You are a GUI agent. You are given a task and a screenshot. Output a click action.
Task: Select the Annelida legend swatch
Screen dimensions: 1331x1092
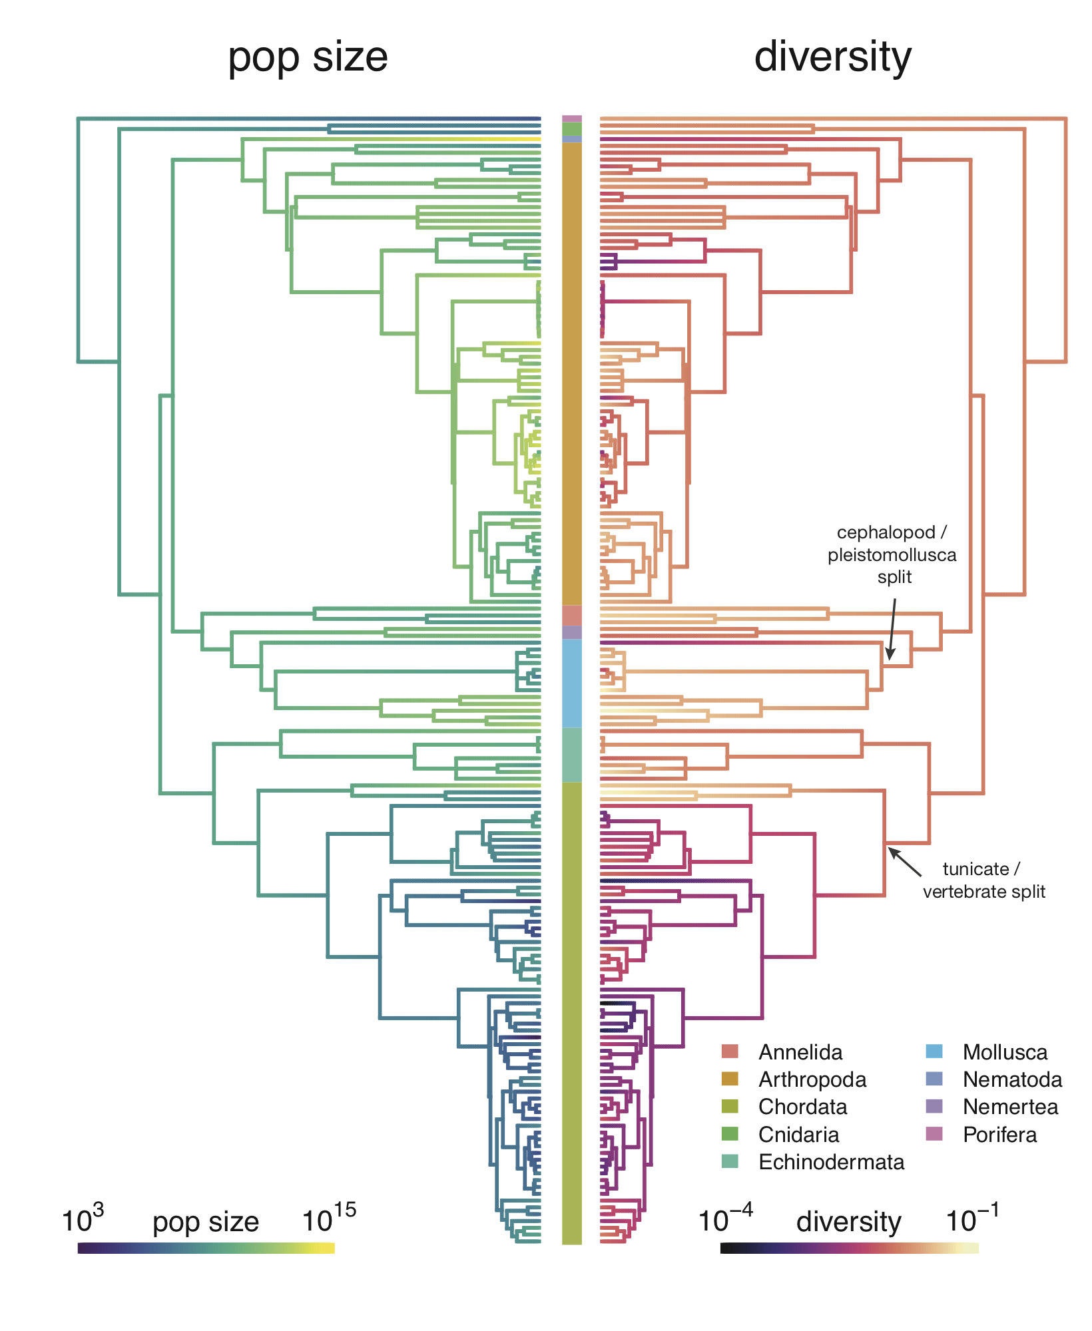(x=730, y=1051)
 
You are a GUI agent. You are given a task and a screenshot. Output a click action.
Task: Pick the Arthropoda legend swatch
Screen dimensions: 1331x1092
(x=730, y=1079)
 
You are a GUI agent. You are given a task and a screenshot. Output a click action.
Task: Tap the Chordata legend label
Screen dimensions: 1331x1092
(x=802, y=1107)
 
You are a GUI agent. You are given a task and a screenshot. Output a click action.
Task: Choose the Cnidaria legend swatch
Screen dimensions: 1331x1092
(x=730, y=1134)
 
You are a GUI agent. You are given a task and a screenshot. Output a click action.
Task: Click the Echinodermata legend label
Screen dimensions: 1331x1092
(x=831, y=1162)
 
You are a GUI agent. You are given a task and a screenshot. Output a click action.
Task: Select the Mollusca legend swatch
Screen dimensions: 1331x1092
(x=934, y=1051)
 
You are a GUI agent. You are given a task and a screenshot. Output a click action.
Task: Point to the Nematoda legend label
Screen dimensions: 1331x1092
(x=1012, y=1079)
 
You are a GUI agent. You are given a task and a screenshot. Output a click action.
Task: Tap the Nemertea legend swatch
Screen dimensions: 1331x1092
(x=934, y=1107)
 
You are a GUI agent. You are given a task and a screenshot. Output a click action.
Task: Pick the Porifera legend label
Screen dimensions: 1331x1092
(x=999, y=1134)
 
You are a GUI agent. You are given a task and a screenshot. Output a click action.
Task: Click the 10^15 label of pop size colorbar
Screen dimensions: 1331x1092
(x=329, y=1220)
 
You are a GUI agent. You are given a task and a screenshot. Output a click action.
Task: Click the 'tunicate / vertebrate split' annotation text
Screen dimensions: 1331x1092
(x=983, y=880)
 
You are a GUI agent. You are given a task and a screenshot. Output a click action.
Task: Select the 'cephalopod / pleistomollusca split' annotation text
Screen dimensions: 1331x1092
(x=892, y=554)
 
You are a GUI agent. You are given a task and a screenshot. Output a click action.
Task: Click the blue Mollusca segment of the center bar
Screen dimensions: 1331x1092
(x=571, y=683)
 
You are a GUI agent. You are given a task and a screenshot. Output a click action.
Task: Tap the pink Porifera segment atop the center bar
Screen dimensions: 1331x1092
(x=571, y=118)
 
